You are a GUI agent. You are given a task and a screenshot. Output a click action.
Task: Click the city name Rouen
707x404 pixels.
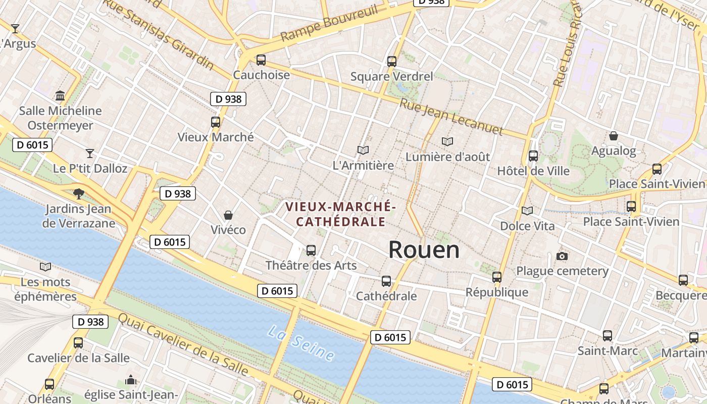[x=424, y=250]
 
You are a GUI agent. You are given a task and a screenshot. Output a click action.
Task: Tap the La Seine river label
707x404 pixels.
[x=301, y=343]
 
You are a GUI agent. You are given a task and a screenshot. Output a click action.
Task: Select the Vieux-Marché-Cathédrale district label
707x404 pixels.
[x=340, y=214]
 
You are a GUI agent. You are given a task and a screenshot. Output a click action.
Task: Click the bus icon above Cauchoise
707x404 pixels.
[x=261, y=60]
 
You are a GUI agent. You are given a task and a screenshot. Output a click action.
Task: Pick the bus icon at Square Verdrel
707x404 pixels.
[x=392, y=62]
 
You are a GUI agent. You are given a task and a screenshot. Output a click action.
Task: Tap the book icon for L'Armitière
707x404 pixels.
[x=363, y=150]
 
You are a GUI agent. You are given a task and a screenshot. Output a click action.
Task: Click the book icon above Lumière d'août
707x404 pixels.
[x=447, y=141]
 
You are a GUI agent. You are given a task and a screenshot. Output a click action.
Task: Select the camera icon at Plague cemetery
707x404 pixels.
[x=562, y=256]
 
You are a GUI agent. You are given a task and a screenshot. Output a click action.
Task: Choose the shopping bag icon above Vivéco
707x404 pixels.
[x=228, y=215]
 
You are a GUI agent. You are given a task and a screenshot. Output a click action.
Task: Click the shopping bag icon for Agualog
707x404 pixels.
[x=614, y=135]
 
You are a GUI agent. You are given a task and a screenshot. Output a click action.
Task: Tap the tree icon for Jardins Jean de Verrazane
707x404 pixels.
[x=78, y=193]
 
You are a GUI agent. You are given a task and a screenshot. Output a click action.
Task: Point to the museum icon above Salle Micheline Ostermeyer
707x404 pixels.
[x=60, y=95]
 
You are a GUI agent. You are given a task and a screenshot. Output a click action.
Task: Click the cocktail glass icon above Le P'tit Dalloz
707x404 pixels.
[x=90, y=153]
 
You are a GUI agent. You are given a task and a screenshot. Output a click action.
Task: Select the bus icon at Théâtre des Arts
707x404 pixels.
[x=311, y=250]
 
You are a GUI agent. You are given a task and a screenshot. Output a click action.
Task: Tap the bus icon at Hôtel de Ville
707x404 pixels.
[x=533, y=156]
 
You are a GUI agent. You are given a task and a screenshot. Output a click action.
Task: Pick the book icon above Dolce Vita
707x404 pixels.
[x=527, y=211]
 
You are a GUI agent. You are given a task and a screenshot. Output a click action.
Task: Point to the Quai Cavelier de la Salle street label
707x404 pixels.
[x=183, y=345]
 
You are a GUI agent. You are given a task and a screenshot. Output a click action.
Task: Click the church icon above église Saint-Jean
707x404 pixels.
[x=131, y=379]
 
